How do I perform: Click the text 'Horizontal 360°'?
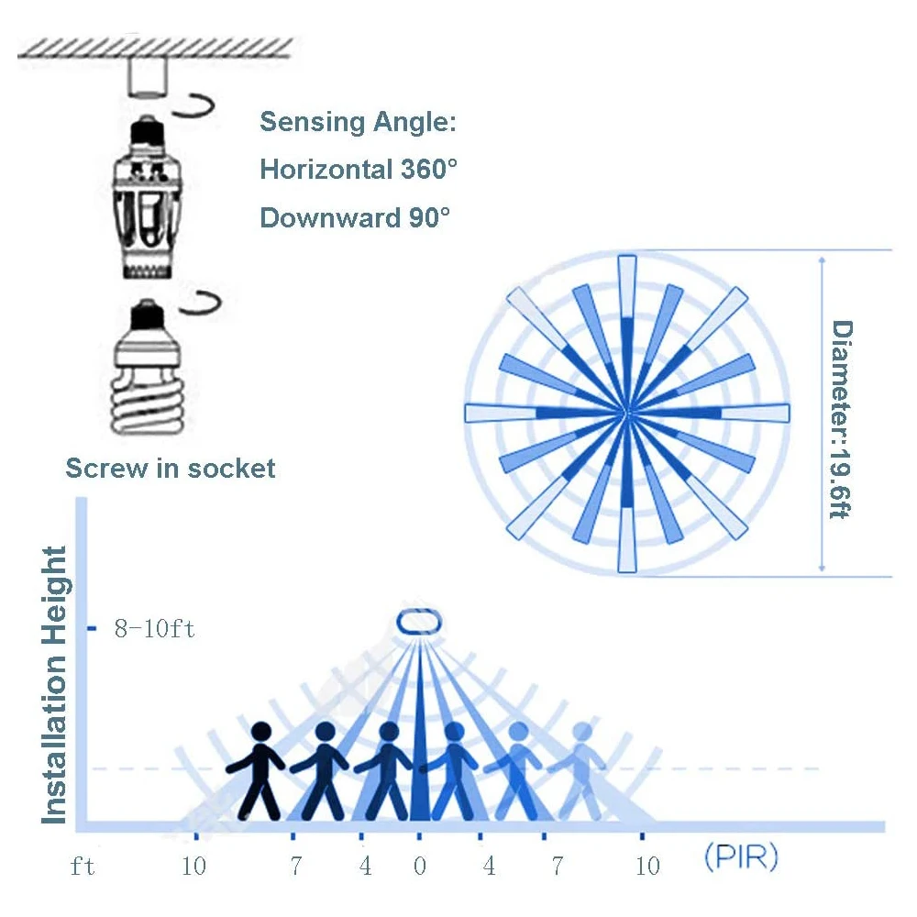359,170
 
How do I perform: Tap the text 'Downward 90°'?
355,218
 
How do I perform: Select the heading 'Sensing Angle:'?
358,122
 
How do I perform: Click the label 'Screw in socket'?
171,469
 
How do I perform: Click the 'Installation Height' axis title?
56,684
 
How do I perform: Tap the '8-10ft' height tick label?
154,630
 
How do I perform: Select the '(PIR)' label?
741,859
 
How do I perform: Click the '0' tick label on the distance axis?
420,866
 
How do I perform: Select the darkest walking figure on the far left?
259,770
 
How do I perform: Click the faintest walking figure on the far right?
580,770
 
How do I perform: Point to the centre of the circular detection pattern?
626,414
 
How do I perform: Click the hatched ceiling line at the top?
156,47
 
